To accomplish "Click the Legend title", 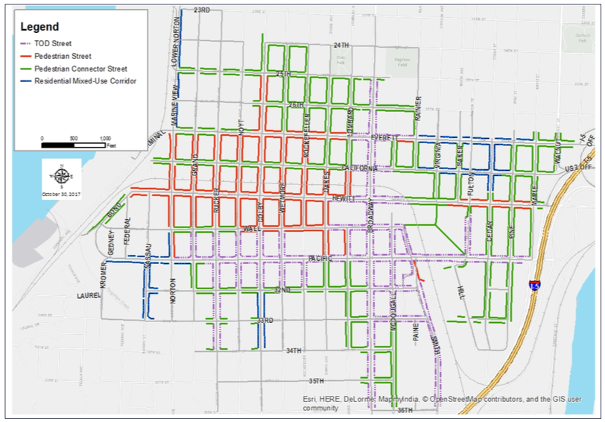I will click(39, 27).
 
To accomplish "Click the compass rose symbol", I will click(62, 177).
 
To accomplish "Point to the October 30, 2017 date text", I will click(62, 195).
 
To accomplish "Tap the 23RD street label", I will click(201, 10).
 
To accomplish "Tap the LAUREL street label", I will click(88, 295).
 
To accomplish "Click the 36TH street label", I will click(405, 410).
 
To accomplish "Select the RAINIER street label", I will click(419, 108).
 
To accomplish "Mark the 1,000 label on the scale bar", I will click(105, 139).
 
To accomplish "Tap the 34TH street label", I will click(294, 350).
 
